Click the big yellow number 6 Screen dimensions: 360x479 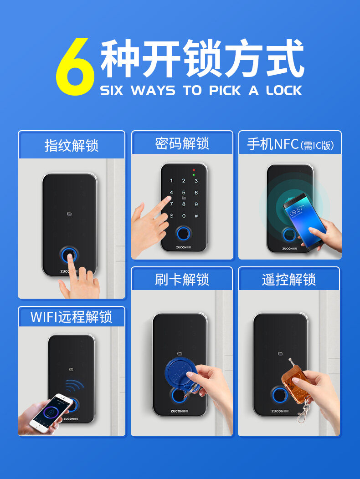[x=75, y=66]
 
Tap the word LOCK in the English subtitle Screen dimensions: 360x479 [x=284, y=91]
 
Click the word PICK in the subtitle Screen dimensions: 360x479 [x=225, y=91]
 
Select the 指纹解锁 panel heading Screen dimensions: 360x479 [x=72, y=145]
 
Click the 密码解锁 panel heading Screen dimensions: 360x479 [x=182, y=143]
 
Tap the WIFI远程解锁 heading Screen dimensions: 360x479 [x=72, y=317]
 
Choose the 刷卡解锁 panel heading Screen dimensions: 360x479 [x=182, y=279]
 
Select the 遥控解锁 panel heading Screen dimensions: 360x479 [x=289, y=279]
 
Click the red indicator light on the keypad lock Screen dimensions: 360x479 [x=194, y=170]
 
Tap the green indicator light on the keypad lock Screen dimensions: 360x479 [x=194, y=175]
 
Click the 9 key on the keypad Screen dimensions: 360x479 [x=196, y=204]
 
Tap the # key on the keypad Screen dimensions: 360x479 [x=196, y=216]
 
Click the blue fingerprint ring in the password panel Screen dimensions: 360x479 [x=183, y=234]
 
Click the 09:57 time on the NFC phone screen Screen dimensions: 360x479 [x=296, y=210]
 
